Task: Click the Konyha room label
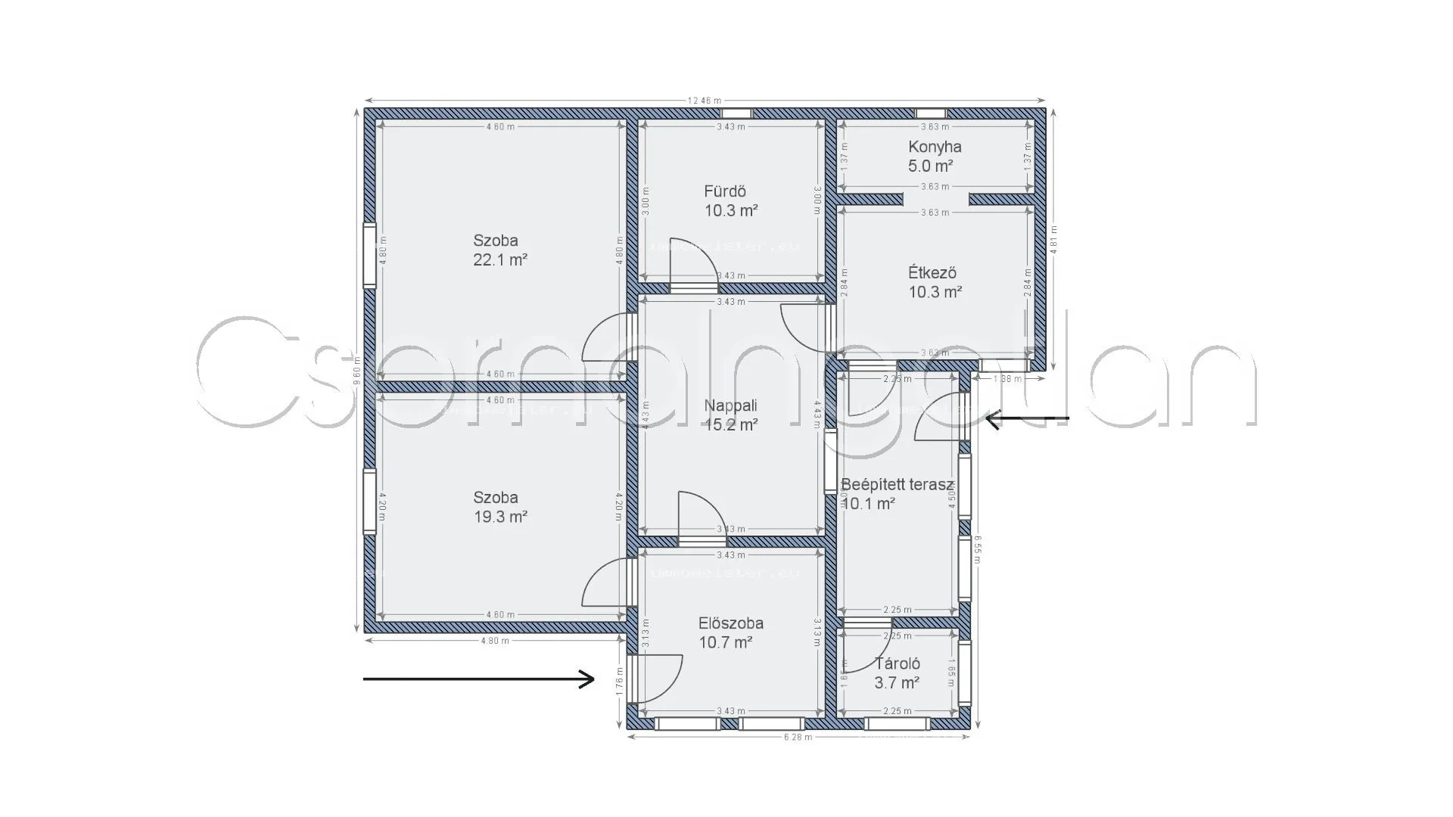coord(935,147)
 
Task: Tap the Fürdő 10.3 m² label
coord(731,201)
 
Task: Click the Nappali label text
coord(730,405)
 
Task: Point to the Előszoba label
coord(730,623)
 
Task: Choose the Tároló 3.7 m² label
coord(897,673)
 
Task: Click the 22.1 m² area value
coord(499,259)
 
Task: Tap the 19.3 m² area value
coord(499,517)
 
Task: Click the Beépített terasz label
coord(897,485)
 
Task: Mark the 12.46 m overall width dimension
coord(704,100)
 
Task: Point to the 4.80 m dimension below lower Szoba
coord(495,641)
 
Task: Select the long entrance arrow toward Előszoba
coord(478,679)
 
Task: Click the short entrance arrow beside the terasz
coord(1027,418)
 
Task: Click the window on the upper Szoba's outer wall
coord(369,255)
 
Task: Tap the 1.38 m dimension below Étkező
coord(1007,379)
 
